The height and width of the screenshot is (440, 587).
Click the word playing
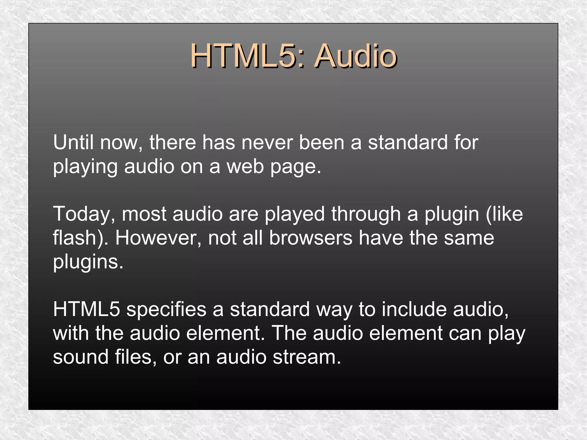[x=85, y=167]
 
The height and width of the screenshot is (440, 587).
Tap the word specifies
[x=166, y=310]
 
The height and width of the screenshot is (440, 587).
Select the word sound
[x=81, y=357]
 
